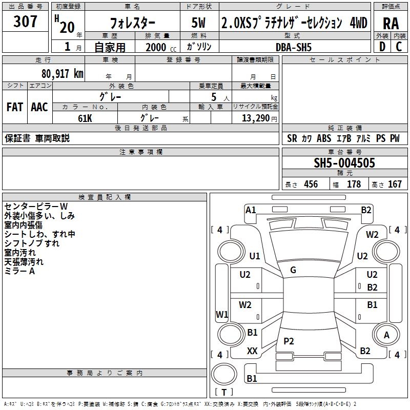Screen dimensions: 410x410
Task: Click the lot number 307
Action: point(25,21)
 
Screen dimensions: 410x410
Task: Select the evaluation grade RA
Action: point(391,24)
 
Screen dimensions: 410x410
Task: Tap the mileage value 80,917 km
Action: point(62,74)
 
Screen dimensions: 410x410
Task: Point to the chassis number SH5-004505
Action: point(344,163)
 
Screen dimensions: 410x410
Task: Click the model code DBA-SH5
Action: point(294,47)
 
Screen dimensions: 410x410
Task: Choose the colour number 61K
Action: point(85,118)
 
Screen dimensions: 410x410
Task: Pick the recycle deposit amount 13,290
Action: point(255,118)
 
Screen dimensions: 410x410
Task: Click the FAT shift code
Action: point(15,107)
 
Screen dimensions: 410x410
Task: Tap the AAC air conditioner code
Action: point(39,107)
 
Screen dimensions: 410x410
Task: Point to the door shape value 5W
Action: point(198,23)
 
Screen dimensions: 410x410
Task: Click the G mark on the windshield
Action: point(293,270)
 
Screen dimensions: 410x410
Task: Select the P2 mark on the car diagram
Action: point(289,341)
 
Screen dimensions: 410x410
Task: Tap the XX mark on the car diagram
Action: point(252,351)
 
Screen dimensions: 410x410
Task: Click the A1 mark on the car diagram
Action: point(251,210)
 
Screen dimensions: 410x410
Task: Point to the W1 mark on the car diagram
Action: point(222,314)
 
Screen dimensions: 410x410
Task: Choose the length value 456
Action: point(311,184)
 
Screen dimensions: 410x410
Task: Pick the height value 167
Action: point(395,184)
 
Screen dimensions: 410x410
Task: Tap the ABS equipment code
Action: point(324,138)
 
